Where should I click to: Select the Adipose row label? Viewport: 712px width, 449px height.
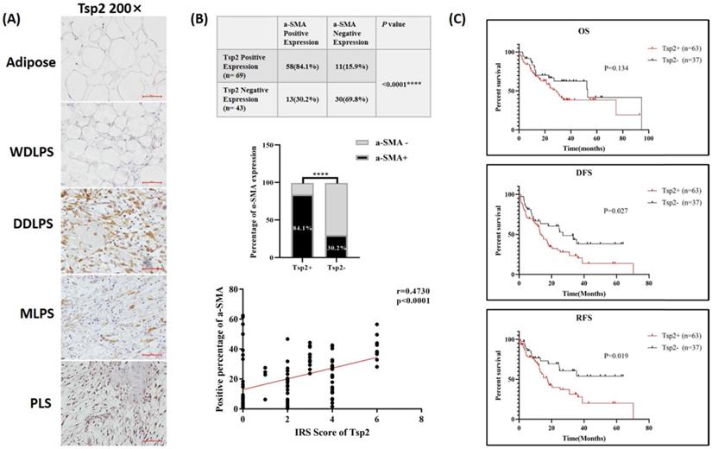tap(30, 62)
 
